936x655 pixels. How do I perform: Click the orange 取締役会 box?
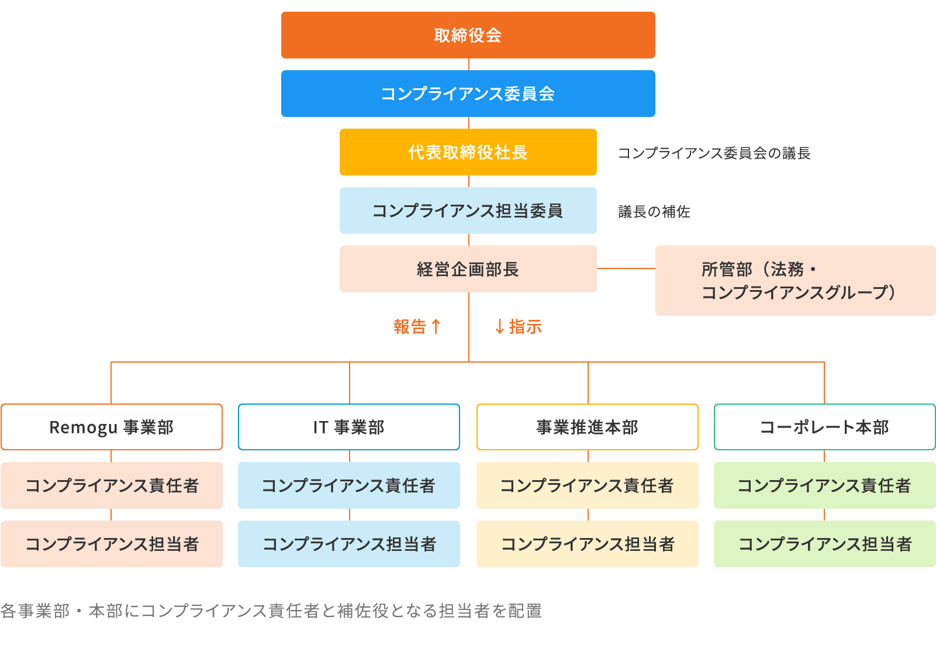(468, 35)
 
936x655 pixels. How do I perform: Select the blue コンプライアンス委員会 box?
(468, 94)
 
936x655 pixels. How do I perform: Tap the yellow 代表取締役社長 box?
(468, 152)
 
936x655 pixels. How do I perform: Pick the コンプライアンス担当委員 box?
(468, 211)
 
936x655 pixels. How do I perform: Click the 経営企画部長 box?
(468, 269)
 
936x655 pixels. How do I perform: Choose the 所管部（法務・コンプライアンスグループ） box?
(795, 281)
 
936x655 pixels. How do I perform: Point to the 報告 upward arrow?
(436, 326)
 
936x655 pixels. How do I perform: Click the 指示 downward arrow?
(500, 326)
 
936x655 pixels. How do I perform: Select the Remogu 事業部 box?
(112, 427)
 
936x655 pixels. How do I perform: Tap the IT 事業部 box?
(349, 427)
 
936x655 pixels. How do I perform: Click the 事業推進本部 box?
(588, 427)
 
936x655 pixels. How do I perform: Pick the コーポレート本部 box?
(824, 427)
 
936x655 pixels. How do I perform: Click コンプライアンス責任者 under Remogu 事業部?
(112, 485)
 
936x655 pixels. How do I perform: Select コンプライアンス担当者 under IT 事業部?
(349, 544)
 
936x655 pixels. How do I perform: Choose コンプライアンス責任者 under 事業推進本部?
(588, 485)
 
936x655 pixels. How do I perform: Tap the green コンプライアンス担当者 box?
(824, 544)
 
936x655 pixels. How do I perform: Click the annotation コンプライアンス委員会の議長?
(714, 153)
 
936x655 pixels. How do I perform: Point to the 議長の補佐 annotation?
(654, 212)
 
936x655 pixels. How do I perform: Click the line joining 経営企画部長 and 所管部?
(626, 268)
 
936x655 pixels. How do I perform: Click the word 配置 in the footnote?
(525, 611)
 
